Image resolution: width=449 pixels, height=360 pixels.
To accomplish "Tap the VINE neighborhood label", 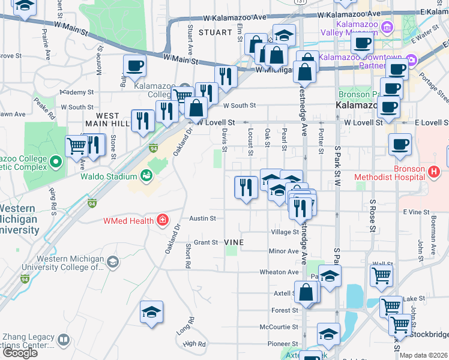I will (x=233, y=242).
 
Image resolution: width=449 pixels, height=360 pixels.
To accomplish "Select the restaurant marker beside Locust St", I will (x=245, y=187).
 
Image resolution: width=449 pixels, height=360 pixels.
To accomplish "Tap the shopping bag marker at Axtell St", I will (x=306, y=293).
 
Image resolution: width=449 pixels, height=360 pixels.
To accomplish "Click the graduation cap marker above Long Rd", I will (x=151, y=312).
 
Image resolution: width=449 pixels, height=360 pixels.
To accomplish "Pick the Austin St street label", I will (x=202, y=219).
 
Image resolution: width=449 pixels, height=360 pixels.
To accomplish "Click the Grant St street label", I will (x=205, y=242).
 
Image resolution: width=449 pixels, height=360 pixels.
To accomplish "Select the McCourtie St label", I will (x=279, y=327).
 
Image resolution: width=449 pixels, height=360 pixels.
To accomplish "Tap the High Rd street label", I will (x=194, y=344).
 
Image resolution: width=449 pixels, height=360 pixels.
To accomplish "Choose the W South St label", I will (x=239, y=106).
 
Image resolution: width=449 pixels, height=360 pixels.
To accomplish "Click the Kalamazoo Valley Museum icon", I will (x=388, y=28).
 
